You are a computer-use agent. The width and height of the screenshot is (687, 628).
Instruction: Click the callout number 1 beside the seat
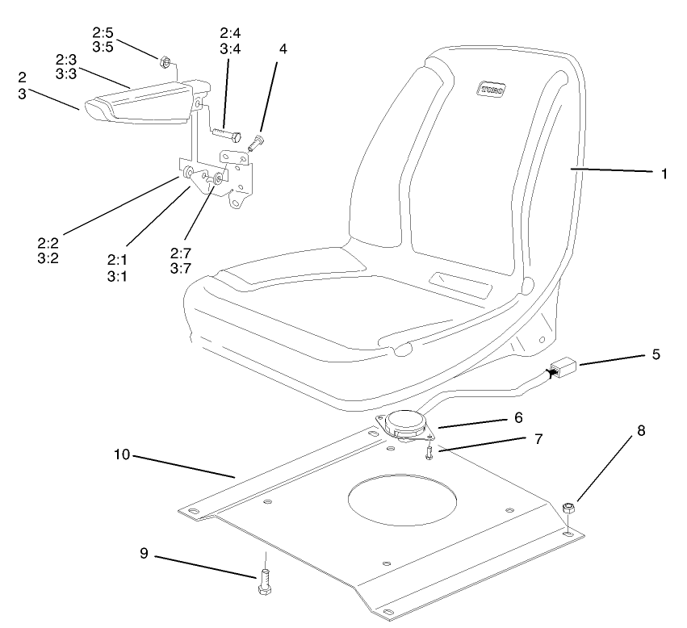pyautogui.click(x=664, y=173)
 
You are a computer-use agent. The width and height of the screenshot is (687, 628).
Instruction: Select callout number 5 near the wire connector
pyautogui.click(x=656, y=354)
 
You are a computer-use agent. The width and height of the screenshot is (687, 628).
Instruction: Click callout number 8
pyautogui.click(x=641, y=430)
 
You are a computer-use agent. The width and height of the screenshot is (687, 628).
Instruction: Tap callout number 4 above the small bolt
pyautogui.click(x=283, y=48)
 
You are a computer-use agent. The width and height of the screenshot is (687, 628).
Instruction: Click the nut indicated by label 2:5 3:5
pyautogui.click(x=162, y=60)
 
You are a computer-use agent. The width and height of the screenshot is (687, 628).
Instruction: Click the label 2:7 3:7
pyautogui.click(x=181, y=261)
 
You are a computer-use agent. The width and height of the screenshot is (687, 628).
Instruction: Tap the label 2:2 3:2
pyautogui.click(x=48, y=250)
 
